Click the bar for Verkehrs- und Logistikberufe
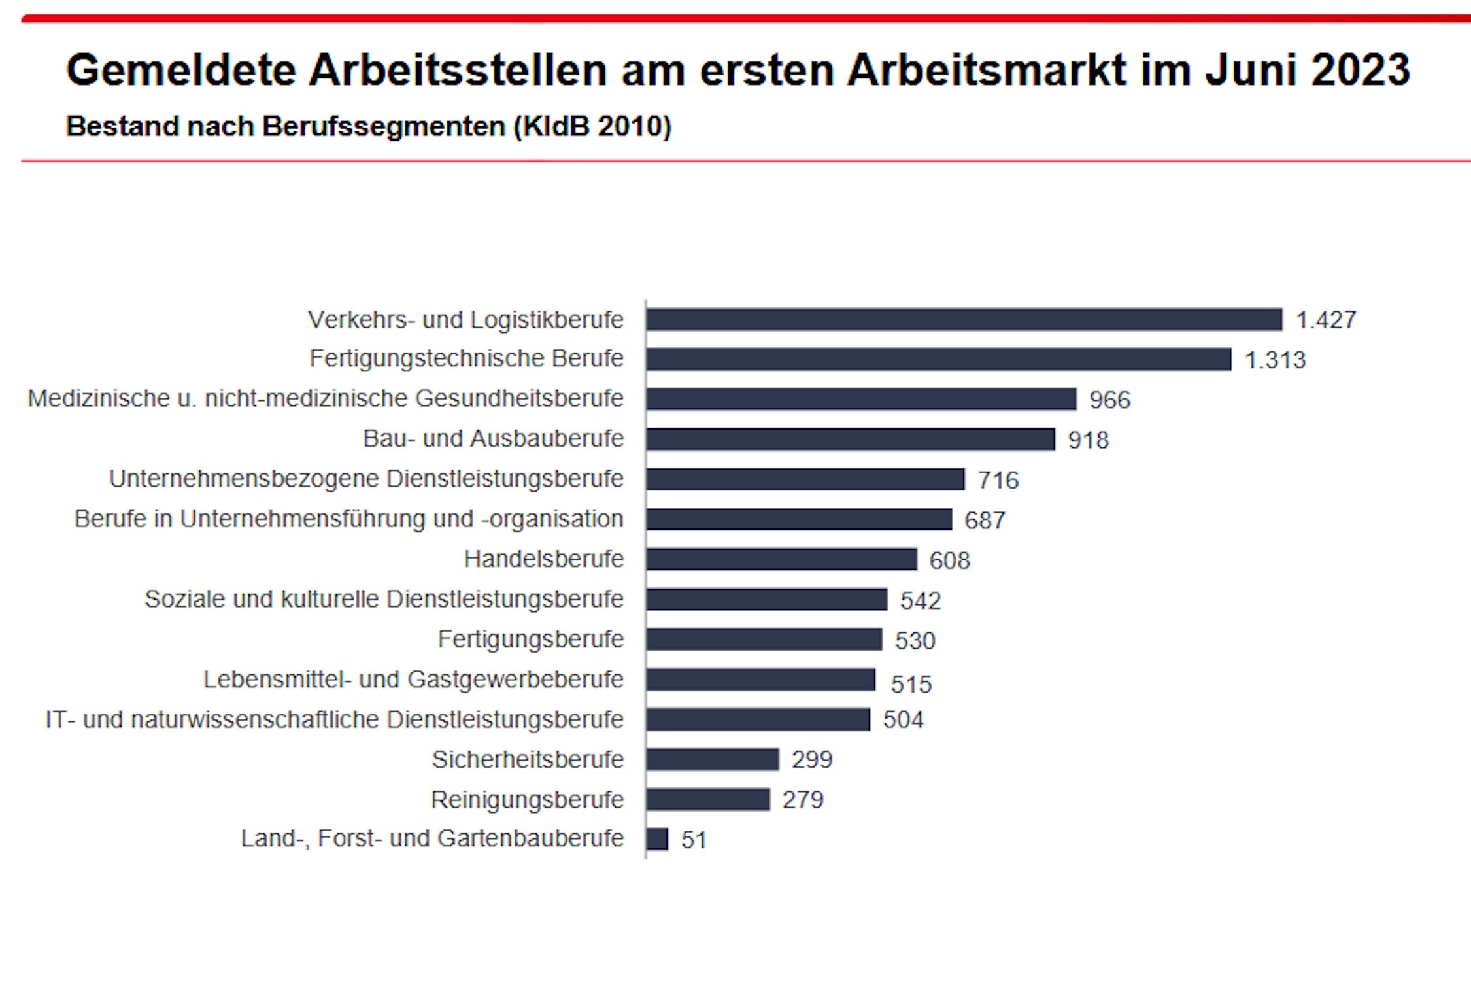[964, 320]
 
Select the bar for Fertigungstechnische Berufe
[939, 359]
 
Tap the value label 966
[1109, 400]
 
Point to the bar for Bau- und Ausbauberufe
[851, 439]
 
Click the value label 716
[998, 480]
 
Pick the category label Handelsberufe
[544, 559]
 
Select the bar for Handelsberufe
[782, 560]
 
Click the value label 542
[920, 600]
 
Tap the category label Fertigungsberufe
[531, 639]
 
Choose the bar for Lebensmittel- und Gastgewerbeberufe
[761, 680]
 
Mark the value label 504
[903, 719]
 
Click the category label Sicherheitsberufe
[528, 759]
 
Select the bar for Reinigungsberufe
[708, 799]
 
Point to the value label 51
[694, 840]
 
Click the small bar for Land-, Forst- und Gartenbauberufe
[658, 839]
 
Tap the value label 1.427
[1326, 320]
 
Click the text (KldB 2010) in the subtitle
[592, 126]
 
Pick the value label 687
[985, 521]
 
